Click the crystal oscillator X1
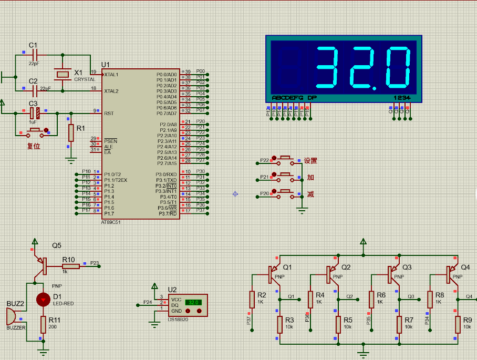click(x=63, y=74)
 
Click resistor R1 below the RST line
click(x=71, y=132)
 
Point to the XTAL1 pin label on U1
click(x=111, y=75)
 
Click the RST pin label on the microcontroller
click(x=109, y=113)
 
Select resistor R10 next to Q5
click(x=70, y=266)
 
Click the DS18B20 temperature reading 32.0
click(x=193, y=303)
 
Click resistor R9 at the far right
click(x=458, y=324)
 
